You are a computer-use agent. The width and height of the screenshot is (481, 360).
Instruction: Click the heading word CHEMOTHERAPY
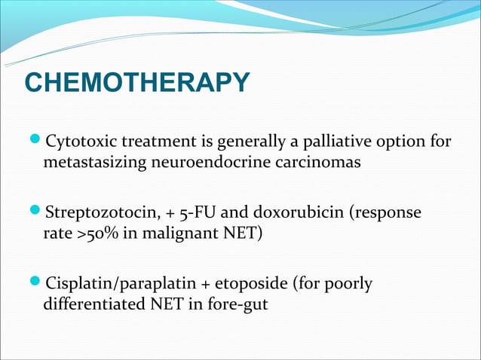pos(136,84)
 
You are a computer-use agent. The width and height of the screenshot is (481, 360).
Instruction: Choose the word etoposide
pos(249,285)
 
